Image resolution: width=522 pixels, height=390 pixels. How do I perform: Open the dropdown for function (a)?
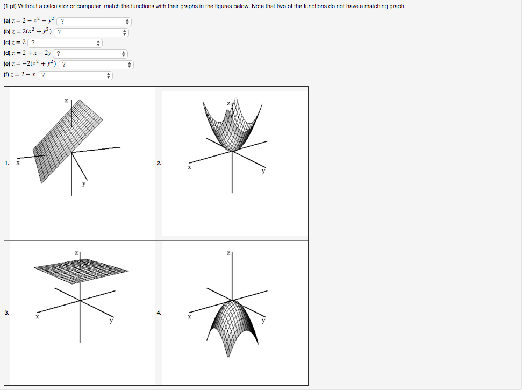pyautogui.click(x=94, y=22)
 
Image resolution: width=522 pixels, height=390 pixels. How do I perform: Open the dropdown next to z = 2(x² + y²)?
pyautogui.click(x=91, y=32)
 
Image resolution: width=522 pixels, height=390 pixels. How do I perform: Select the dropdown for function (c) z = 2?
pyautogui.click(x=65, y=43)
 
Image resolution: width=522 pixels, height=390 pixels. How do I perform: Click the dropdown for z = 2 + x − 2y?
pyautogui.click(x=90, y=54)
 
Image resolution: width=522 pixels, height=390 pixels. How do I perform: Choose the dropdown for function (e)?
pyautogui.click(x=96, y=65)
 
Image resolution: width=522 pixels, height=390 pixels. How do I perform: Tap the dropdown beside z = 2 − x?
pyautogui.click(x=75, y=75)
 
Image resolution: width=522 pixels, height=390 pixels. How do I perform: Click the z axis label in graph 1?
pyautogui.click(x=66, y=100)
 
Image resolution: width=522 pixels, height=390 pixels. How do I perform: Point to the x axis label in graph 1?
pyautogui.click(x=18, y=162)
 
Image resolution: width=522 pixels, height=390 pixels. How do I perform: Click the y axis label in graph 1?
pyautogui.click(x=84, y=183)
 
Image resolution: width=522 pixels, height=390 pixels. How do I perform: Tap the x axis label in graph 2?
pyautogui.click(x=189, y=167)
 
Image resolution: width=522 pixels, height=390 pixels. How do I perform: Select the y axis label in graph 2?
pyautogui.click(x=263, y=171)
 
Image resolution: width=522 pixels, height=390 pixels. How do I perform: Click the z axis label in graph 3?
pyautogui.click(x=76, y=253)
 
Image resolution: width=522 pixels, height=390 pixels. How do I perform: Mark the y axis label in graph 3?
pyautogui.click(x=111, y=321)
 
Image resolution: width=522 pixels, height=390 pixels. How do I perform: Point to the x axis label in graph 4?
pyautogui.click(x=189, y=317)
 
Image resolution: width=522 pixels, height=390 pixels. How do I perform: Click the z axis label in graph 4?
pyautogui.click(x=228, y=253)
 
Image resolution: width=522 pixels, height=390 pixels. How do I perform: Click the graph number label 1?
pyautogui.click(x=7, y=163)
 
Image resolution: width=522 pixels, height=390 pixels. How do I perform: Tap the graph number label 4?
pyautogui.click(x=159, y=313)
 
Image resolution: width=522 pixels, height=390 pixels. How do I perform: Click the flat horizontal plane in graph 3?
pyautogui.click(x=81, y=271)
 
